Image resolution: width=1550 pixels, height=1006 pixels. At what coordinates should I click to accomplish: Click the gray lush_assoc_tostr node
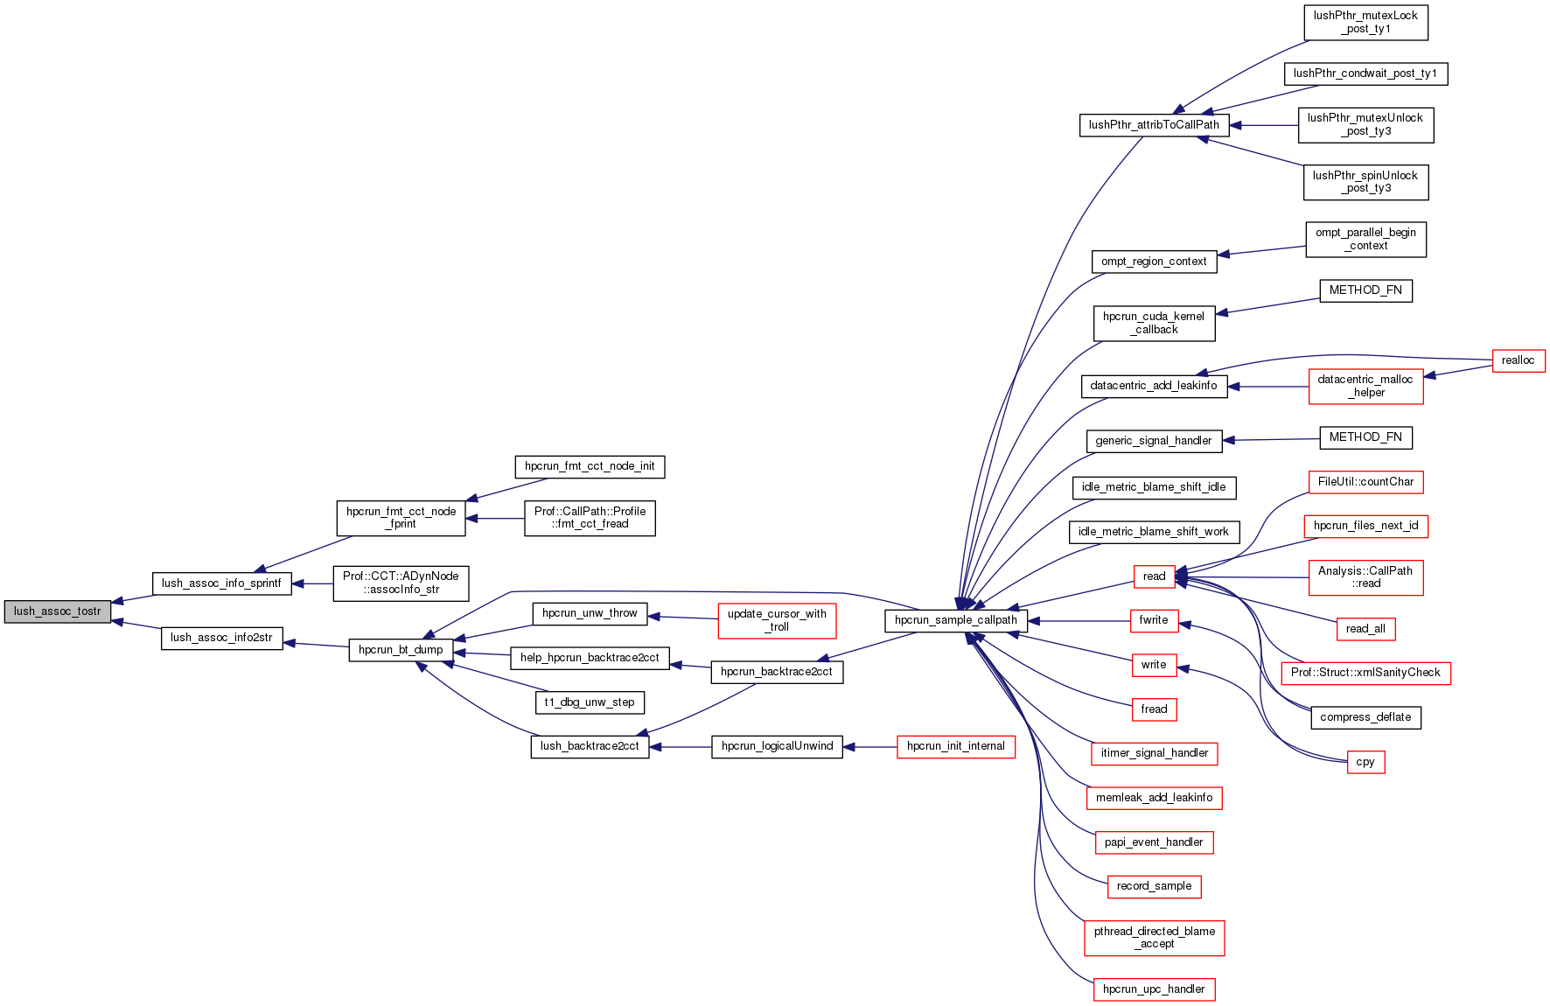58,611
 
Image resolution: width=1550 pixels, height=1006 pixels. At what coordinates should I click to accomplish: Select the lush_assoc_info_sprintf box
221,583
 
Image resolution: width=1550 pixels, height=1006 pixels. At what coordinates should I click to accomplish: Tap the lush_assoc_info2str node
221,638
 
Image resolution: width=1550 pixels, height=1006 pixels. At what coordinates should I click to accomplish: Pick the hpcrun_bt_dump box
401,650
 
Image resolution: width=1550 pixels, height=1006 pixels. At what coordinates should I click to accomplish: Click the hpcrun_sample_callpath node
955,620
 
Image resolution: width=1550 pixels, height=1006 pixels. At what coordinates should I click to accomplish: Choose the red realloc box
1518,360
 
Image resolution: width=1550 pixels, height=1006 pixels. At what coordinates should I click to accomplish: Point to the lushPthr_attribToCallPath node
1154,125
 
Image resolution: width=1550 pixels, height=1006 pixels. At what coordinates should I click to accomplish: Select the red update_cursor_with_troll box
777,620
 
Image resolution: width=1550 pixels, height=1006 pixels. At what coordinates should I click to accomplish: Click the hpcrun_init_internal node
955,746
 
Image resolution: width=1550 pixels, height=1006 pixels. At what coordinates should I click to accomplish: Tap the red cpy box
1365,762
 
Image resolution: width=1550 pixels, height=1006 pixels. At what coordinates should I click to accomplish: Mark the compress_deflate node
1365,717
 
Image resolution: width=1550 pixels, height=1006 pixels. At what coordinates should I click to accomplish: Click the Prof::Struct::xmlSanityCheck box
1365,673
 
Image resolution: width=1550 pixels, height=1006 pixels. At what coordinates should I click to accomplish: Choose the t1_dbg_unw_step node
590,702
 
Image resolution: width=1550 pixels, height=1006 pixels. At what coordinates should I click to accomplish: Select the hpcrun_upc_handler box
1154,989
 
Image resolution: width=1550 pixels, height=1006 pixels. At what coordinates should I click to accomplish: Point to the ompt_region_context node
1154,262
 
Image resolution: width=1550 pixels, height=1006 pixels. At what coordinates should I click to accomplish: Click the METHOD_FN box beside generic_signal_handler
1365,437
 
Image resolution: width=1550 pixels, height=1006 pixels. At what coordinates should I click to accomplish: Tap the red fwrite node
1154,620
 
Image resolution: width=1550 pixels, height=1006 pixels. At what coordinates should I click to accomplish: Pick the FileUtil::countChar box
1365,482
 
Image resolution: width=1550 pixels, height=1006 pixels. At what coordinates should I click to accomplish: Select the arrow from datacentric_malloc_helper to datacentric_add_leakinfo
1268,387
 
